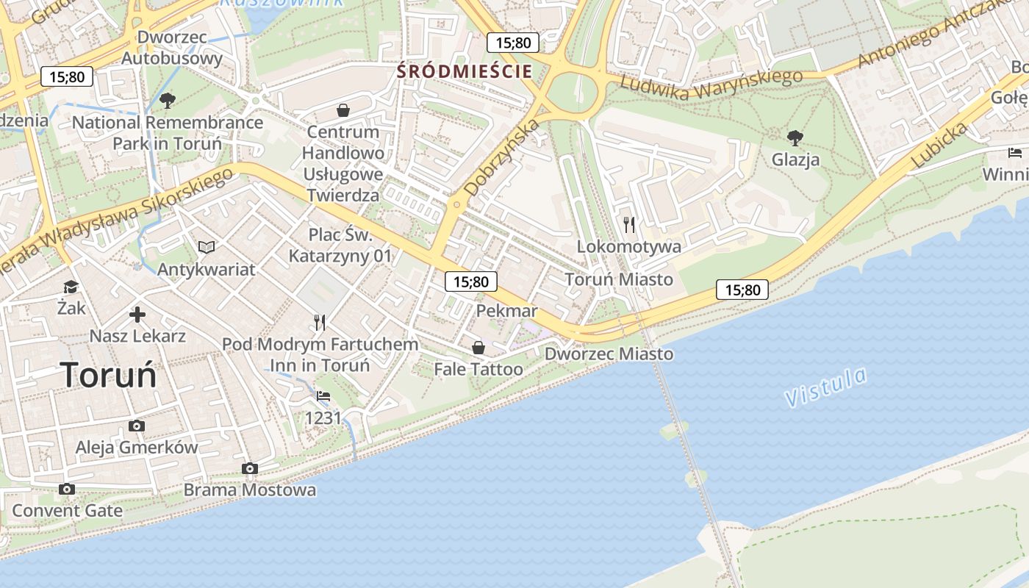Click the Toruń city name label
[x=109, y=376]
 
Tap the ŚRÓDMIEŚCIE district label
[x=464, y=71]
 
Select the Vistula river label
[x=825, y=388]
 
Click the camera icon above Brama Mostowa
[x=250, y=468]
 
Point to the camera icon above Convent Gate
[x=67, y=489]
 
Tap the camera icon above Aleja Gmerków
[x=136, y=426]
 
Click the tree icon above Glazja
[x=795, y=137]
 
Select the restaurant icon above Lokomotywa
[x=628, y=224]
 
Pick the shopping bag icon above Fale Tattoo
[x=478, y=347]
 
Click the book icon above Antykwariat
[x=207, y=247]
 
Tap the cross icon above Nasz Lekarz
[x=137, y=315]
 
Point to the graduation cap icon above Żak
[x=71, y=287]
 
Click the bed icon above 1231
[x=323, y=396]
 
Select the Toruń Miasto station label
[x=619, y=279]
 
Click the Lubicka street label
[x=939, y=145]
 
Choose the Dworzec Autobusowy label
[x=171, y=47]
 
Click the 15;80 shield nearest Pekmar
[x=470, y=281]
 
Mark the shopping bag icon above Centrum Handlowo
[x=343, y=110]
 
